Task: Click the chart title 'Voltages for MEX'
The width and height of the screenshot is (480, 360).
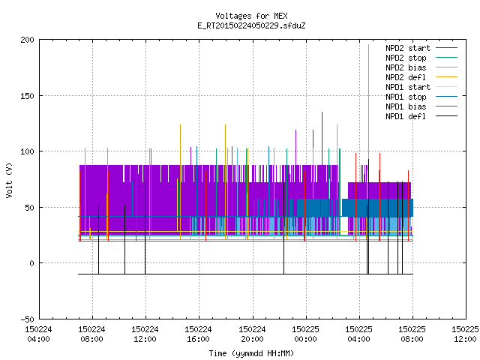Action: (x=251, y=16)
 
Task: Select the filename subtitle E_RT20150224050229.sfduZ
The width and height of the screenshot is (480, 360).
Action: (x=251, y=25)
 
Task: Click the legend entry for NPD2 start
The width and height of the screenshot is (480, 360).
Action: (x=421, y=48)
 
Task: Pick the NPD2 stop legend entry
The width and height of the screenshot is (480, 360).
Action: (x=421, y=58)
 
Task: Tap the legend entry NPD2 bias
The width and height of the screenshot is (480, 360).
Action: (x=421, y=67)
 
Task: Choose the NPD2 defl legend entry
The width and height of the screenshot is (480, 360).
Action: (x=421, y=77)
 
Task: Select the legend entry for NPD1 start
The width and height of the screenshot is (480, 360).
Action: (x=421, y=87)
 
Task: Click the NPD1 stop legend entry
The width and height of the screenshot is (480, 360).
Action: (x=421, y=97)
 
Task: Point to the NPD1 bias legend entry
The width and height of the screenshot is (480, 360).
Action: (x=421, y=106)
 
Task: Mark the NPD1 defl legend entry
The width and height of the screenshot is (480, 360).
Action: (x=421, y=117)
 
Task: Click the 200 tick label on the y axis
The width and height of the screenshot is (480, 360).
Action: (x=27, y=40)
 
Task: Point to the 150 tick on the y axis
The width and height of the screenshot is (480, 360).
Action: (x=27, y=96)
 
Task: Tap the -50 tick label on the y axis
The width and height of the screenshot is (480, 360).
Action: (x=27, y=319)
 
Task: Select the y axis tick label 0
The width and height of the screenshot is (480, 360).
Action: (x=31, y=263)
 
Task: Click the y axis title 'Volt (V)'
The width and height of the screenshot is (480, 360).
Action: (x=9, y=180)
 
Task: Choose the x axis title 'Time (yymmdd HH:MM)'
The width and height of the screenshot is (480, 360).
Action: (x=251, y=353)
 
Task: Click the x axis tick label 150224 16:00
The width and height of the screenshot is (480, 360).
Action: (x=198, y=334)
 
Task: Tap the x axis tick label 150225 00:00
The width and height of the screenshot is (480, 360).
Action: (x=305, y=334)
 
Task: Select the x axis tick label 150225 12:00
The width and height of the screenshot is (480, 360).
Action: (x=465, y=334)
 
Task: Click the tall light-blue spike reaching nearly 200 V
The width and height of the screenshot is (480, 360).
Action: (x=368, y=101)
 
